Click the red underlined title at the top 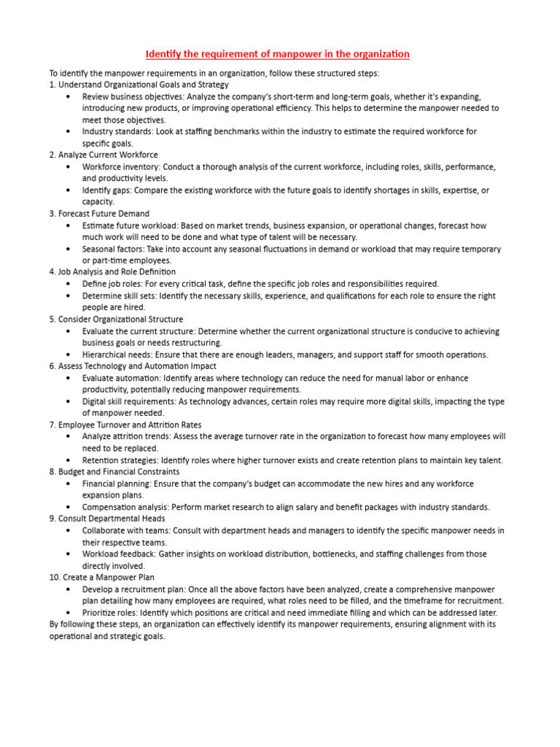[277, 54]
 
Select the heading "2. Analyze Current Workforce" [104, 155]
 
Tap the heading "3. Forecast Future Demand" [99, 214]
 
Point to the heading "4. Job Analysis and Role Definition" [114, 272]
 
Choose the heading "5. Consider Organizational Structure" [116, 320]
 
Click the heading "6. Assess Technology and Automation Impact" [133, 366]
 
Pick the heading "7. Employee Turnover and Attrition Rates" [125, 425]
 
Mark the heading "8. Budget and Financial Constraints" [114, 472]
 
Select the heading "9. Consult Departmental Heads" [107, 519]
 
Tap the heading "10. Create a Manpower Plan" [103, 577]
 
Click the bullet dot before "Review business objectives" [68, 96]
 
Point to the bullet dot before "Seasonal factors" [68, 249]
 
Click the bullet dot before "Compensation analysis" [68, 507]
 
